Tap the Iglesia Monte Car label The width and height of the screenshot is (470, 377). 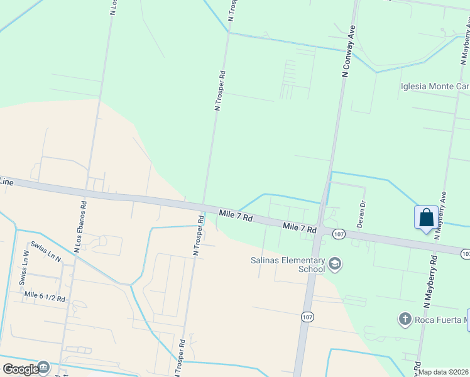pos(434,86)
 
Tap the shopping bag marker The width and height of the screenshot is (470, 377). pos(426,218)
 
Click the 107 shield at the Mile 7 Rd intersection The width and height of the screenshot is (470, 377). pos(338,234)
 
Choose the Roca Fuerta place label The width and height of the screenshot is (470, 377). pos(440,319)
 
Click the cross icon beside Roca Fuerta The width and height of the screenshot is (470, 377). pos(405,319)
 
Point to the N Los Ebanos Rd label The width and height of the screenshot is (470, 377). pos(80,226)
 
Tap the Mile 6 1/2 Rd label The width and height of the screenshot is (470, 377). pos(45,295)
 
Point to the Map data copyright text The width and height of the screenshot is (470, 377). pos(444,372)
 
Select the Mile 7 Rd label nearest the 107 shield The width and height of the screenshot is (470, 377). pos(299,227)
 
